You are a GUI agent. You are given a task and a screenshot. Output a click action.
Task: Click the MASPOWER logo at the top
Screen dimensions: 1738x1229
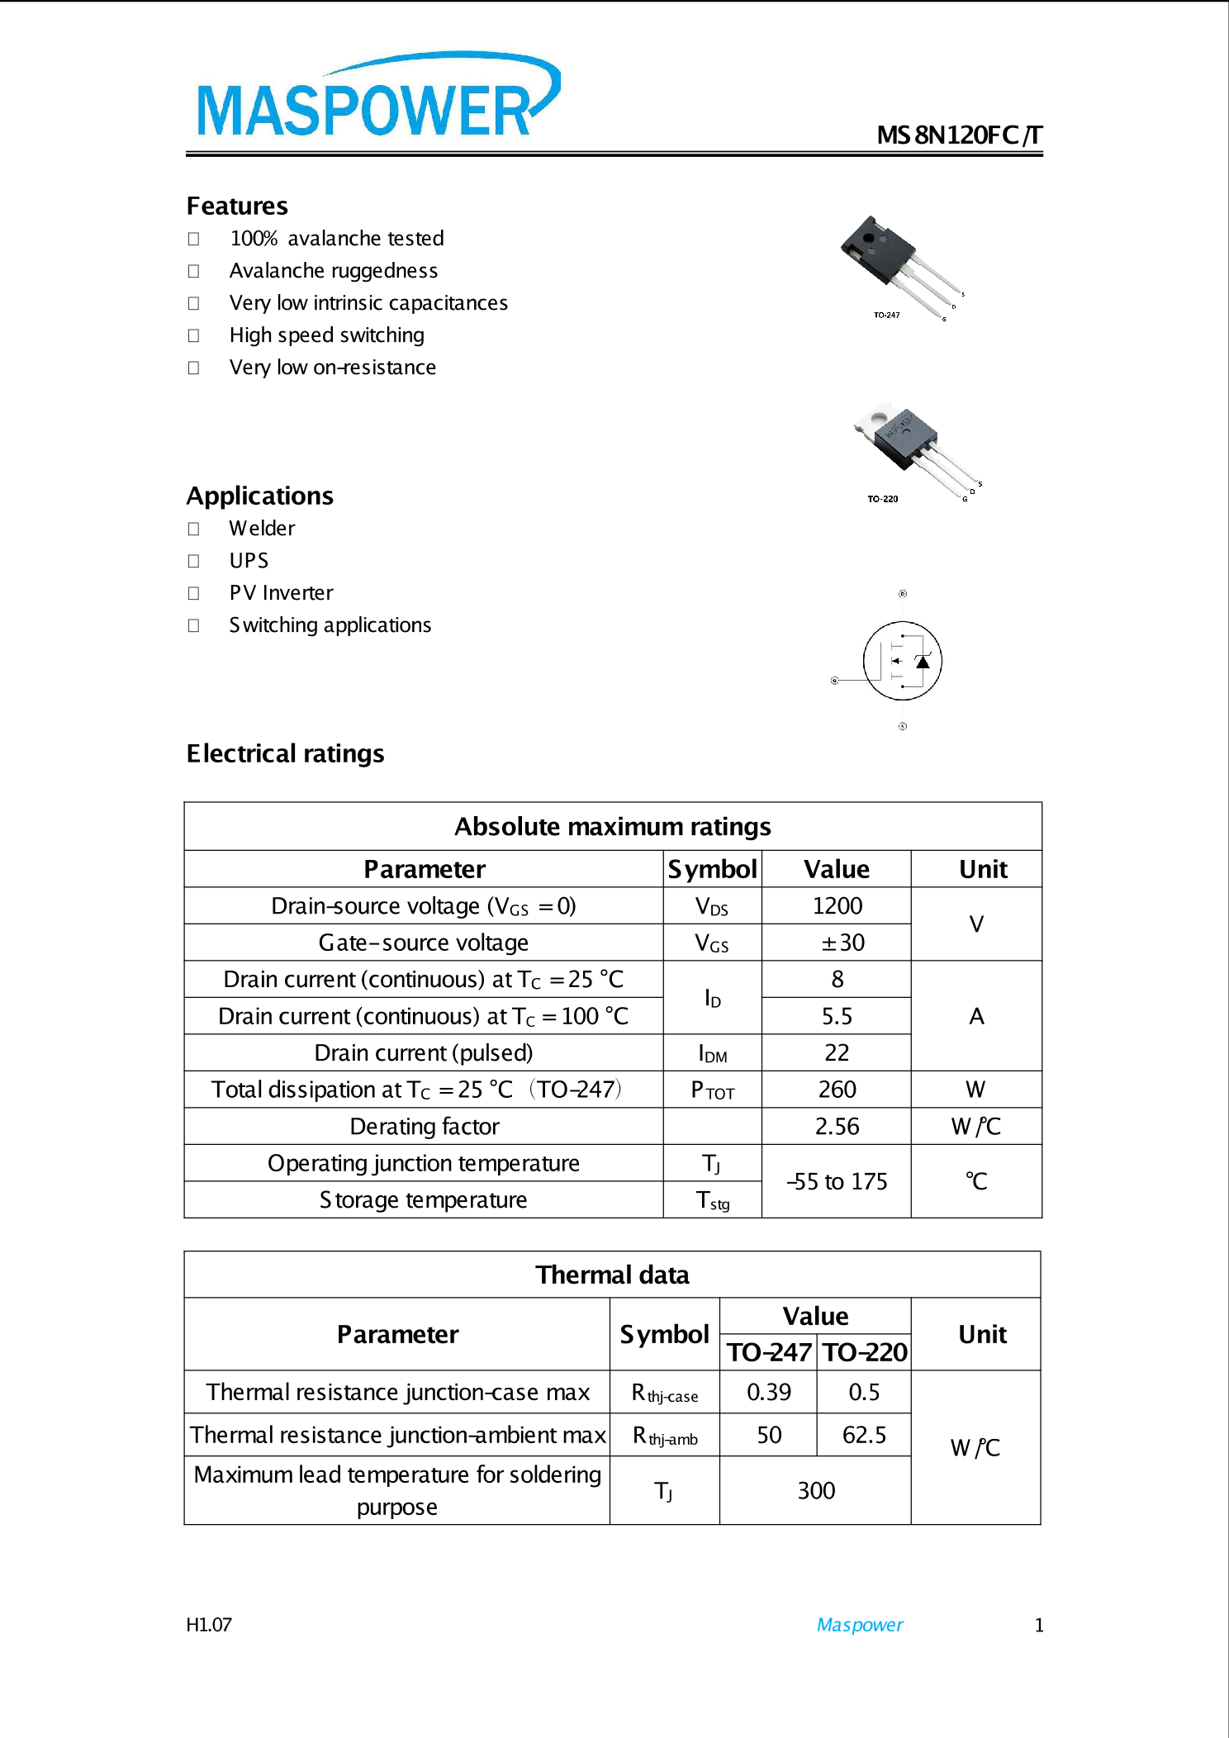tap(376, 99)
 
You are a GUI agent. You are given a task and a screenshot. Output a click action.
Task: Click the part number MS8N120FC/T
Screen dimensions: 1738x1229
tap(959, 135)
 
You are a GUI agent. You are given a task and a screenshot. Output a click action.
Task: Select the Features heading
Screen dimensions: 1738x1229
tap(237, 206)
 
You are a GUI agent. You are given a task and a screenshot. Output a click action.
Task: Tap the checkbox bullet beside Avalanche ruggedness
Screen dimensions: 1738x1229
tap(193, 271)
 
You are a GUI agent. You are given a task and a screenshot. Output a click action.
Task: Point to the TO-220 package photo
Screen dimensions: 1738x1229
tap(913, 450)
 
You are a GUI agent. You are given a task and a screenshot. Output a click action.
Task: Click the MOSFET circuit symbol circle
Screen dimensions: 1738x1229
tap(902, 660)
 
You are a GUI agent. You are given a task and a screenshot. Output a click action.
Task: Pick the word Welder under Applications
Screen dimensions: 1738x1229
tap(262, 528)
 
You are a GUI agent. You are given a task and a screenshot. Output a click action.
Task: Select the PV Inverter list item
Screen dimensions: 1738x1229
tap(281, 592)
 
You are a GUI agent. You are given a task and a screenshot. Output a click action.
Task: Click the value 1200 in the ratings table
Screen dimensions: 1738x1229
tap(837, 906)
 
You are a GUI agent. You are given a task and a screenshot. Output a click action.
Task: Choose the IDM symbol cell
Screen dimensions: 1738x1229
tap(712, 1053)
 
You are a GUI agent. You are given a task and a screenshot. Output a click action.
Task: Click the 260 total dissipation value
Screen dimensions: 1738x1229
tap(837, 1090)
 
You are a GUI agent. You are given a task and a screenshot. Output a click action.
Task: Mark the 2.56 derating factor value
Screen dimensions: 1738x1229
tap(837, 1127)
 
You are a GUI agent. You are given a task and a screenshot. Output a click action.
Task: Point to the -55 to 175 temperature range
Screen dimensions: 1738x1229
tap(837, 1181)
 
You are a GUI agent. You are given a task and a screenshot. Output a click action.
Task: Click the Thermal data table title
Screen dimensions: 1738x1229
tap(612, 1275)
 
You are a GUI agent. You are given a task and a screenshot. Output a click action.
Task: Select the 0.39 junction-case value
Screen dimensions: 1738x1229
tap(768, 1393)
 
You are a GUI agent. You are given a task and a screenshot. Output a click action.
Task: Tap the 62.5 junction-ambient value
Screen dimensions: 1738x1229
tap(864, 1435)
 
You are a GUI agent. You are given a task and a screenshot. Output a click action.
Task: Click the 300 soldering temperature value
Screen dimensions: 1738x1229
tap(816, 1490)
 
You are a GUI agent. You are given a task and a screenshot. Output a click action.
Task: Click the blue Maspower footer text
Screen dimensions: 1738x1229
tap(859, 1625)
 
